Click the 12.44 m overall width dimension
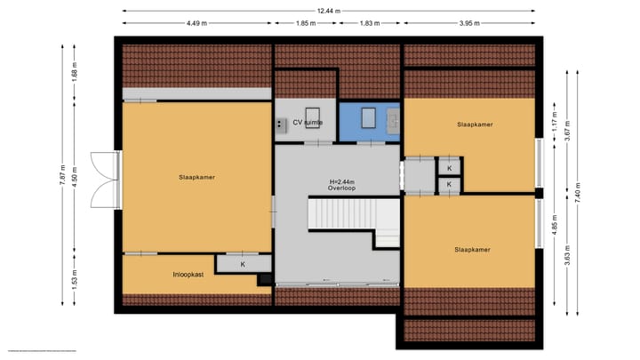pos(329,10)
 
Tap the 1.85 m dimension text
pos(305,23)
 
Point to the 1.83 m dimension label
pos(370,23)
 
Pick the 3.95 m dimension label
pos(469,23)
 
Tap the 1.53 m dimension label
pos(76,284)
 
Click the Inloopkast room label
pos(188,275)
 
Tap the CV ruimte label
pos(307,122)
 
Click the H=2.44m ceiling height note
pos(340,180)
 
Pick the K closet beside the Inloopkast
pos(244,265)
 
